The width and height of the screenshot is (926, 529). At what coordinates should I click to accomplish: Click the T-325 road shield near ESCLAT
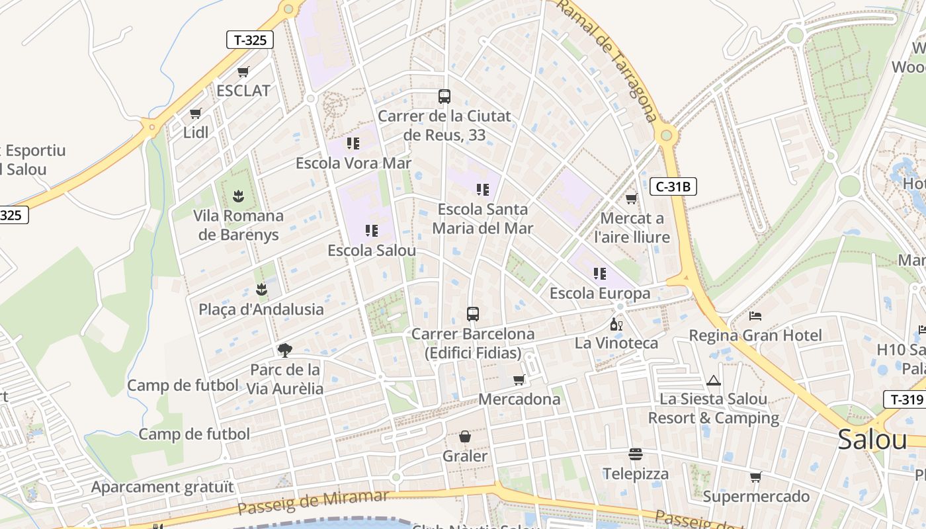click(250, 40)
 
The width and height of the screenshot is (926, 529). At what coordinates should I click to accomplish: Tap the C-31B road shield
click(673, 187)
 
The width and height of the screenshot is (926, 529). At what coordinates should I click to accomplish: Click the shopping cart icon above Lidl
click(195, 114)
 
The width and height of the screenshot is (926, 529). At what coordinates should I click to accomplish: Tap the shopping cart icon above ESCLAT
click(243, 72)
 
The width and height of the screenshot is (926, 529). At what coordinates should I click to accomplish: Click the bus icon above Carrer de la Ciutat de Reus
click(444, 97)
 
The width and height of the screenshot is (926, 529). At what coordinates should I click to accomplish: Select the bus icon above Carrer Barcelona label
click(472, 314)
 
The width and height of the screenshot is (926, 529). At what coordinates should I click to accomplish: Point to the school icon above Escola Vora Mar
click(353, 143)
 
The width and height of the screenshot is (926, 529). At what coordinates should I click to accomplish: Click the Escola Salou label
click(372, 251)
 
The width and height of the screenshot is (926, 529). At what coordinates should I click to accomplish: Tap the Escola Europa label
click(600, 293)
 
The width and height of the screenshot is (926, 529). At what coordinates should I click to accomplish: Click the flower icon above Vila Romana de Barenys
click(238, 196)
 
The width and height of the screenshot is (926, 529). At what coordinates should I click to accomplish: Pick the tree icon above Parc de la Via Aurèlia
click(285, 350)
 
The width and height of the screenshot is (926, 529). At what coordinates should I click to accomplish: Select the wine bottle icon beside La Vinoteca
click(616, 325)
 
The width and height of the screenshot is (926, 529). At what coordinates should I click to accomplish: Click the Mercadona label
click(519, 399)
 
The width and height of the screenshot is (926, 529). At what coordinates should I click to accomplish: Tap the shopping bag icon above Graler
click(465, 436)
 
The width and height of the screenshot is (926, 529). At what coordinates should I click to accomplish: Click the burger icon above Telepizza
click(635, 454)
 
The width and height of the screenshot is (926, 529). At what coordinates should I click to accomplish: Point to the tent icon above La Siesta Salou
click(713, 380)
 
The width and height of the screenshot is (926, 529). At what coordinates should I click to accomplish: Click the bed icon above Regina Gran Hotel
click(755, 316)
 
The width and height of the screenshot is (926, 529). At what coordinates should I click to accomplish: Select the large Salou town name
click(872, 440)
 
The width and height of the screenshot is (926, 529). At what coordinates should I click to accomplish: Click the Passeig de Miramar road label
click(313, 503)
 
